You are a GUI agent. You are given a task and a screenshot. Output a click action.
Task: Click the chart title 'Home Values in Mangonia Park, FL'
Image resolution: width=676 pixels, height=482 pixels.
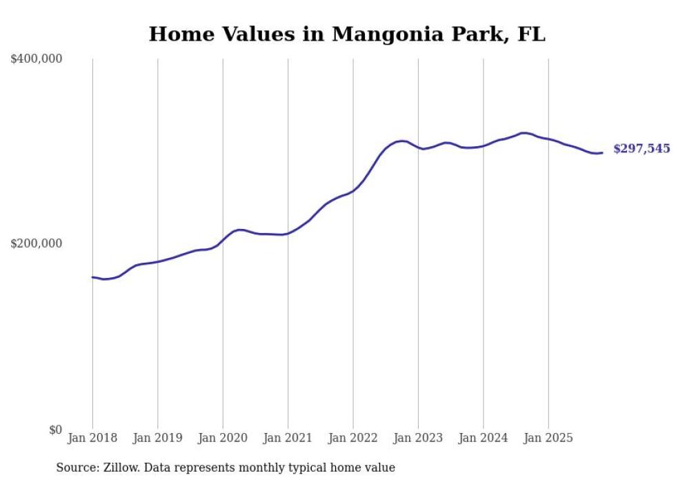(347, 34)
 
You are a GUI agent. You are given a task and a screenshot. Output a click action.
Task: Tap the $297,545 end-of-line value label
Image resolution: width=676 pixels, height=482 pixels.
(641, 149)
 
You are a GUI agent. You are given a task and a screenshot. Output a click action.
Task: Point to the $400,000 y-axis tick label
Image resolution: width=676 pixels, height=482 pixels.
(37, 59)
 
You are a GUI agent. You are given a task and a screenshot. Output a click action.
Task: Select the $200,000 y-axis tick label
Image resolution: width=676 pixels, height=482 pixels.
(37, 243)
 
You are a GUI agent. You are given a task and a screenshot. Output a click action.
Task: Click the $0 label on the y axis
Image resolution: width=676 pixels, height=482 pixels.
(55, 430)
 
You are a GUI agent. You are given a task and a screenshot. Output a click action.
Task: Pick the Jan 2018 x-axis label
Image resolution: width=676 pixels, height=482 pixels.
(92, 438)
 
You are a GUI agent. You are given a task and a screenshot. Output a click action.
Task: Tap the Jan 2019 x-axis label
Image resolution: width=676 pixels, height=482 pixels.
(158, 438)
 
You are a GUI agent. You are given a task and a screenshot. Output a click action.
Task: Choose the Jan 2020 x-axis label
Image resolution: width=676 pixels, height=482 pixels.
(223, 438)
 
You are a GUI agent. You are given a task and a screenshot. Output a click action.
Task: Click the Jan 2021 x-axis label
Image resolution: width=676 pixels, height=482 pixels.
(288, 438)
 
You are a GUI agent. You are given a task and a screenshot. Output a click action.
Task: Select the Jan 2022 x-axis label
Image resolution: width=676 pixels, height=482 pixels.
(353, 438)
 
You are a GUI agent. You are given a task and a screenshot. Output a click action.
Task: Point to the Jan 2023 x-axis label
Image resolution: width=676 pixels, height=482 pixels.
(418, 438)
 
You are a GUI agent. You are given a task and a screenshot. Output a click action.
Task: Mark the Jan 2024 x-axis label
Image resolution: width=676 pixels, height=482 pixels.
(484, 438)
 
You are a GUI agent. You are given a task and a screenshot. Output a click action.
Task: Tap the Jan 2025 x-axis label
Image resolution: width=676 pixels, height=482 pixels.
(548, 438)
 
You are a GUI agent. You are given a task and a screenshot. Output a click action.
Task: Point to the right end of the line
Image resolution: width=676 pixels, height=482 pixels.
(602, 152)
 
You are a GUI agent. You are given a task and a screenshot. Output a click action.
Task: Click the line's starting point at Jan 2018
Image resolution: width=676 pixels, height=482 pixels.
(92, 277)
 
